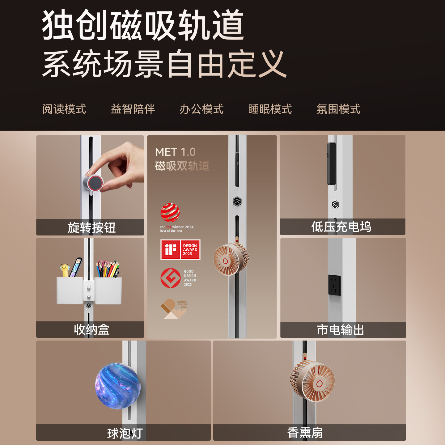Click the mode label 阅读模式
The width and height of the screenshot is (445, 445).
pyautogui.click(x=64, y=109)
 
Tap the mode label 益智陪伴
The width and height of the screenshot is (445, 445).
pyautogui.click(x=133, y=109)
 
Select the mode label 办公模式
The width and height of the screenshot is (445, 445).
pyautogui.click(x=201, y=109)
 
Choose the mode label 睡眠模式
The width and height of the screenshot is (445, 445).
pyautogui.click(x=270, y=109)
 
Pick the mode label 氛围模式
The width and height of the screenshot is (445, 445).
pyautogui.click(x=339, y=109)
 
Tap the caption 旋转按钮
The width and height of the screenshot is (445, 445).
pyautogui.click(x=91, y=227)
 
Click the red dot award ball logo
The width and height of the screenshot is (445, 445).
pyautogui.click(x=170, y=213)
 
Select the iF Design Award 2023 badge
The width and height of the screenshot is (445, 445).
pyautogui.click(x=180, y=249)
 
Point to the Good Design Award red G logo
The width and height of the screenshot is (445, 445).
pyautogui.click(x=171, y=278)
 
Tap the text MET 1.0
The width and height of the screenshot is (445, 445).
pyautogui.click(x=175, y=152)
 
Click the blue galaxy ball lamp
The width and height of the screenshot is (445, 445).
pyautogui.click(x=118, y=386)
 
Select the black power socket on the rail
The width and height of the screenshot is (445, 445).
pyautogui.click(x=334, y=285)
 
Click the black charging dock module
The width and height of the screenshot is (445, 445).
pyautogui.click(x=332, y=163)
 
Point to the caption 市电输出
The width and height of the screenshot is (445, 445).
pyautogui.click(x=340, y=330)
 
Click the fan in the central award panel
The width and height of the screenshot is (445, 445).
pyautogui.click(x=231, y=259)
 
